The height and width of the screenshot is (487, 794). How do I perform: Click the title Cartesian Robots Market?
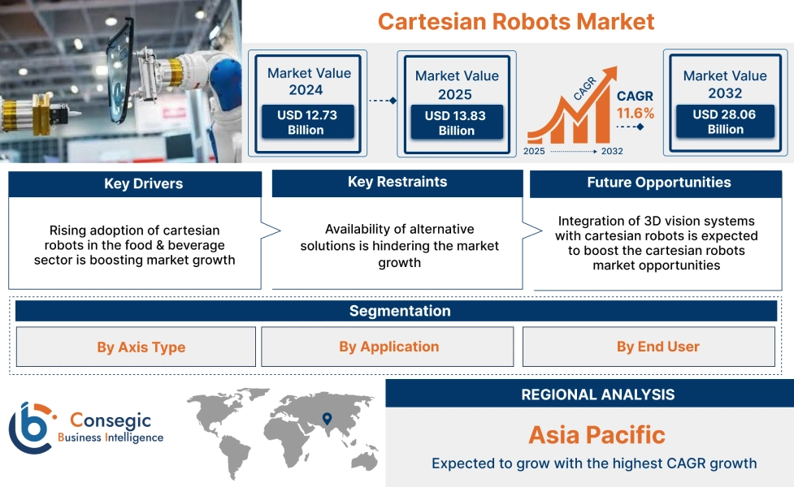coord(516,21)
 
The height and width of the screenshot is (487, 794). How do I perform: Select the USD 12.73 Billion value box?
coord(306,123)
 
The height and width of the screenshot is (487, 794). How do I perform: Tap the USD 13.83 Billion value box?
coord(456,123)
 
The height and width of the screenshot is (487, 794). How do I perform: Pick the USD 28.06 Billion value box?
coord(725,122)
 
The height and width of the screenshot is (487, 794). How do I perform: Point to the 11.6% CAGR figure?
coord(635,114)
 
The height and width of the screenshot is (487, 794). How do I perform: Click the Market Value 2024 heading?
coord(309,81)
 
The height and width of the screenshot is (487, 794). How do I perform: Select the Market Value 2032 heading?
coord(725,84)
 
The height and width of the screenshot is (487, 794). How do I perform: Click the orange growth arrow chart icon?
coord(569,118)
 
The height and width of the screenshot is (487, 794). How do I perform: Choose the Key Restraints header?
coord(397,183)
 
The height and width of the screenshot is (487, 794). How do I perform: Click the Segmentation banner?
coord(399,311)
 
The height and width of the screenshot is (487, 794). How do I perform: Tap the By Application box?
coord(388,347)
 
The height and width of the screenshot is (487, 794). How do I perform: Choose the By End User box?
coord(657,347)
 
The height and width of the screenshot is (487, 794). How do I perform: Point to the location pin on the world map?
coord(327,419)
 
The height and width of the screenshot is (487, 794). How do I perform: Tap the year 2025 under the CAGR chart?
coord(535,151)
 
